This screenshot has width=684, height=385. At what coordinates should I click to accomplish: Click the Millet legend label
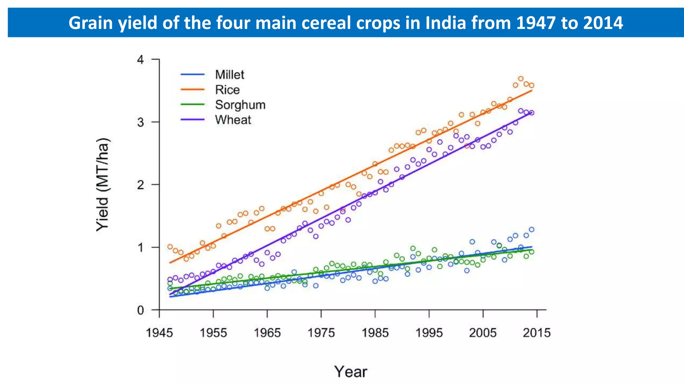pos(229,75)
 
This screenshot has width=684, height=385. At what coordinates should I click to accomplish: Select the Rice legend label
pos(227,90)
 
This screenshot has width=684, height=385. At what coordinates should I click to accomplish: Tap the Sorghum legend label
pos(240,105)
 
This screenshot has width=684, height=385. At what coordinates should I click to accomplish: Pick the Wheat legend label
pos(233,120)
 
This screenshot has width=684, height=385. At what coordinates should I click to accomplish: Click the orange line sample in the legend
pos(192,90)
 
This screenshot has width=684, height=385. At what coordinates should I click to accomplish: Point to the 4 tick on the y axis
pos(141,60)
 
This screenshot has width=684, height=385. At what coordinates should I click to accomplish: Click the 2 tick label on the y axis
pos(141,185)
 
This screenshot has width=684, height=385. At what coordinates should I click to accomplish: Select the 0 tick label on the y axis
pos(141,310)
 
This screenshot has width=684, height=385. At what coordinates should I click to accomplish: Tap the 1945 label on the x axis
pos(159,333)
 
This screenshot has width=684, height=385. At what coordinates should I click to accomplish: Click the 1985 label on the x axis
pos(375,333)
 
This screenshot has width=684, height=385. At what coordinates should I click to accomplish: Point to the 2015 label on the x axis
pos(537,333)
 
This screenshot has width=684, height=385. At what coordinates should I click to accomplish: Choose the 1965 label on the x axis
pos(267,333)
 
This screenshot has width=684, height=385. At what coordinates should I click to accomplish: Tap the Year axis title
pos(351,372)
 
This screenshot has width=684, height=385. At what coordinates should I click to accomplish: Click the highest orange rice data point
pos(521,79)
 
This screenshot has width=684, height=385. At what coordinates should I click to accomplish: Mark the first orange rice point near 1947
pos(170,247)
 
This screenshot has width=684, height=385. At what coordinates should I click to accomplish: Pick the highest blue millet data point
pos(531,230)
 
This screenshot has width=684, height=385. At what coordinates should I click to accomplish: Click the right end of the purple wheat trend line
pos(531,113)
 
